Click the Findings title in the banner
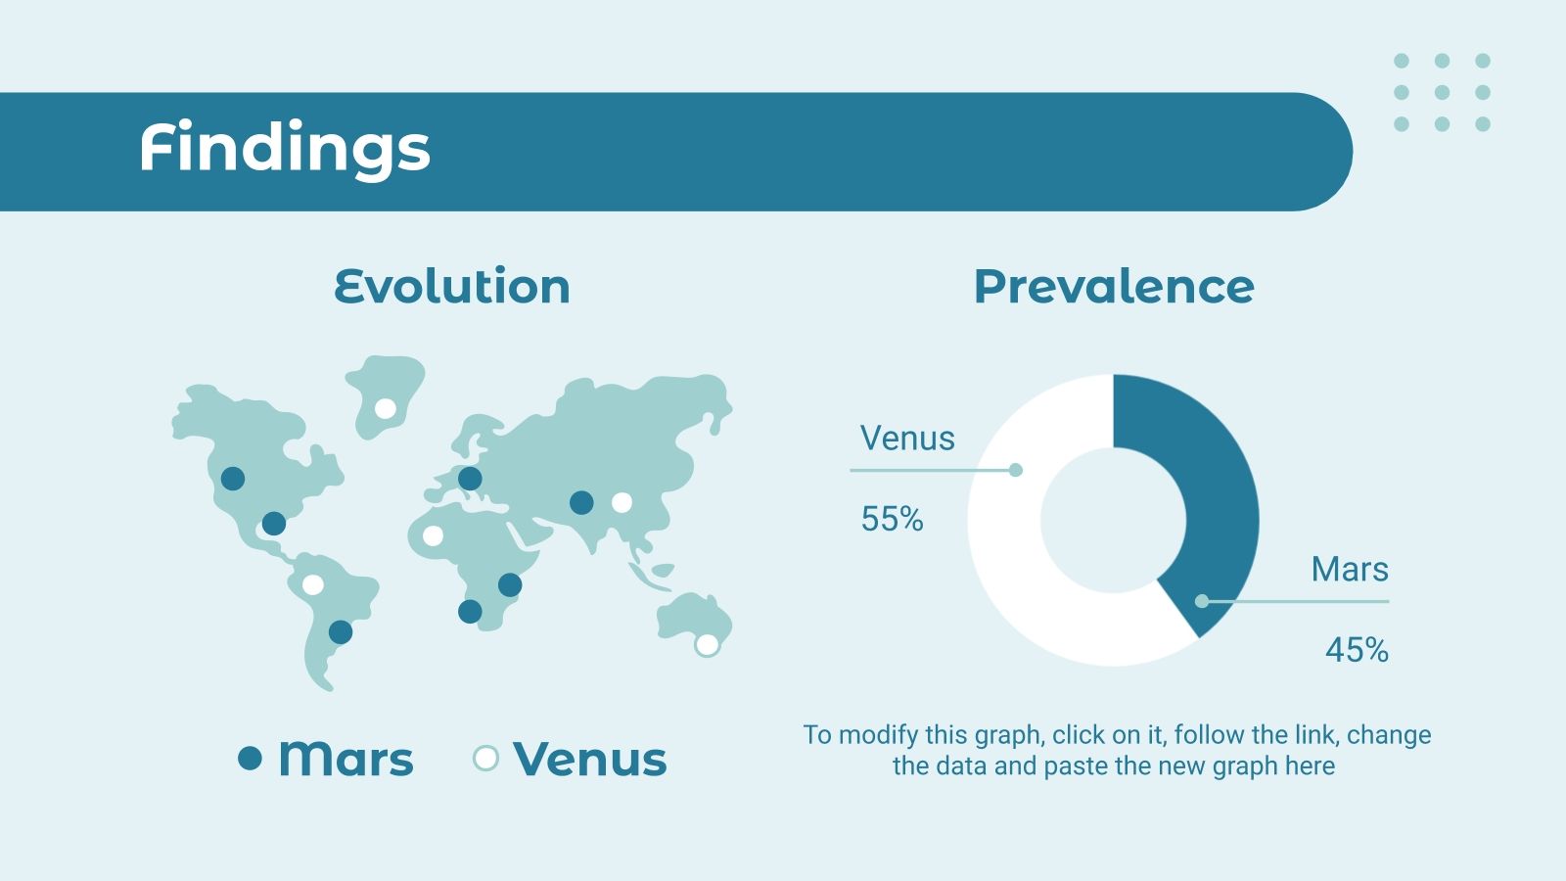tap(285, 148)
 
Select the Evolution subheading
tap(452, 286)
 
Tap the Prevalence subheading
tap(1114, 287)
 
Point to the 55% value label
tap(892, 519)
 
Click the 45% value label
tap(1357, 650)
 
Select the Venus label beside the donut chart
tap(906, 439)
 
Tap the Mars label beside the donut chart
tap(1350, 569)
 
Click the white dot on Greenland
tap(386, 408)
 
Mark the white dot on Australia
tap(707, 645)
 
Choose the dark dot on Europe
tap(470, 479)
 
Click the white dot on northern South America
tap(312, 584)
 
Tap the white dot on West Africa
tap(433, 535)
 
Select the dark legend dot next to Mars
tap(250, 758)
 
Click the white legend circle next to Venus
tap(485, 758)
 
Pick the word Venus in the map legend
tap(590, 759)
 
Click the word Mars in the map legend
tap(346, 759)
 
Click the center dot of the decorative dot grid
tap(1442, 92)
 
